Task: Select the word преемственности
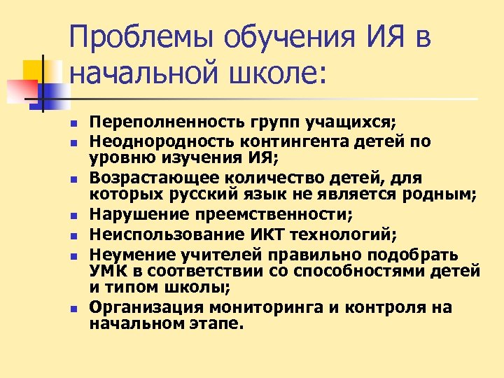click(x=279, y=213)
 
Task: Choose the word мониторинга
click(x=262, y=307)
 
